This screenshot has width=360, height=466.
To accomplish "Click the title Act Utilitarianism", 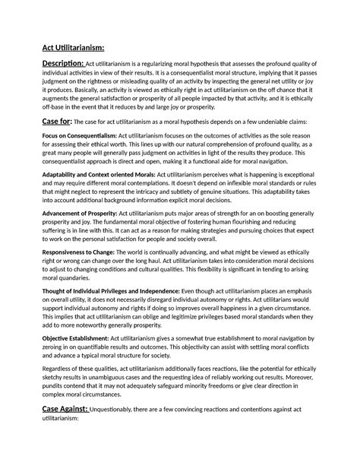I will coord(74,48).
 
